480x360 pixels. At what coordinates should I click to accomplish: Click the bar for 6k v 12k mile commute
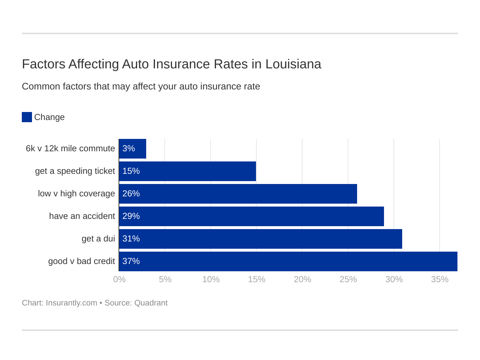click(132, 149)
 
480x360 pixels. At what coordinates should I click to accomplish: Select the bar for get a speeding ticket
click(187, 171)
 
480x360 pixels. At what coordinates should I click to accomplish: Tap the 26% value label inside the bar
click(131, 193)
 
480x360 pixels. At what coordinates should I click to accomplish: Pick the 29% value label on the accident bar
click(131, 216)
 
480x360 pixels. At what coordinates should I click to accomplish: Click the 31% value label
click(131, 239)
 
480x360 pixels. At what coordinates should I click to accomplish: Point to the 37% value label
click(131, 261)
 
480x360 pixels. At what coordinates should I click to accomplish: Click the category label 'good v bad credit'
click(81, 261)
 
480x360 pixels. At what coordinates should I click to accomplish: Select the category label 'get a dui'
click(98, 239)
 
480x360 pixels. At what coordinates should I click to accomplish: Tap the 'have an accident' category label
click(82, 216)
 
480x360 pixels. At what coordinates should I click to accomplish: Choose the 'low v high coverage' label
click(76, 193)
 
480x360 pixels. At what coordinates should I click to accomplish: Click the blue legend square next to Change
click(27, 117)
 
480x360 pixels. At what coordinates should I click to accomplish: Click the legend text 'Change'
click(49, 117)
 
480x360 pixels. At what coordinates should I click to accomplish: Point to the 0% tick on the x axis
click(119, 279)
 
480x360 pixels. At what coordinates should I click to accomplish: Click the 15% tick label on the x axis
click(257, 279)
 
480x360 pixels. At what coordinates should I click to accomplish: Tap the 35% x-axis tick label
click(440, 279)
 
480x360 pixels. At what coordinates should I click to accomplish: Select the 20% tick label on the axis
click(303, 279)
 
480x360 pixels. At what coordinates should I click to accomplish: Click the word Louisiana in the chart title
click(293, 64)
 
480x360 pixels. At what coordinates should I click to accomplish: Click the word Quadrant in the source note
click(151, 303)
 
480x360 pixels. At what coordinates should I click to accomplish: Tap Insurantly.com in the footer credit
click(71, 303)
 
